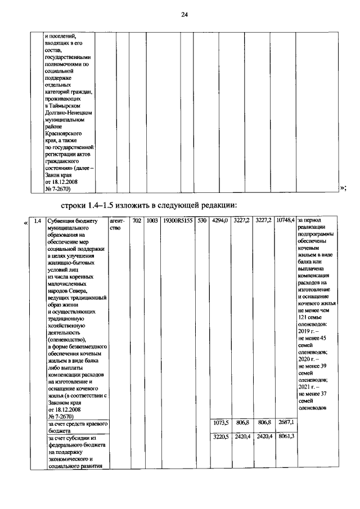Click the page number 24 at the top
click(x=184, y=15)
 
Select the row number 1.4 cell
click(x=37, y=220)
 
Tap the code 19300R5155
click(x=177, y=220)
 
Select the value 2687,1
click(x=287, y=422)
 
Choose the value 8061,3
click(x=287, y=436)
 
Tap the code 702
click(x=137, y=220)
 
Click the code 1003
click(x=151, y=220)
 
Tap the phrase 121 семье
click(x=310, y=318)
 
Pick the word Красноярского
click(x=64, y=134)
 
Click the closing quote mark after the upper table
click(x=343, y=189)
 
